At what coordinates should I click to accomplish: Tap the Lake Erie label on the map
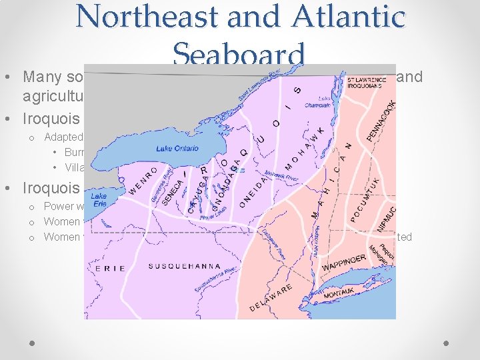(99, 201)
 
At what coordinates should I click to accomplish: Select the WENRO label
(144, 179)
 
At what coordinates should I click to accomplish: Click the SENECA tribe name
(171, 189)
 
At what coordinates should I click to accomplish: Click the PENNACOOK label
(382, 121)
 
